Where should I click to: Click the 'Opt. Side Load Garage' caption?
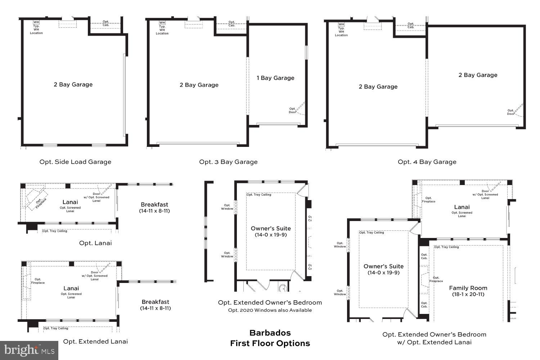[x=75, y=162]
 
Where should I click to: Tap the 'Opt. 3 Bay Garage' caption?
[x=228, y=162]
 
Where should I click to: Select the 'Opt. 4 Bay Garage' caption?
[x=427, y=162]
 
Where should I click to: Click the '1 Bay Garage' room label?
[x=275, y=78]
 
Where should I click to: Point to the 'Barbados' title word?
[x=270, y=333]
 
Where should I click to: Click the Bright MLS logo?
[x=29, y=350]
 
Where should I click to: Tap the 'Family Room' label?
[x=468, y=288]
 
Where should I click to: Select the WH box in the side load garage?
[x=36, y=22]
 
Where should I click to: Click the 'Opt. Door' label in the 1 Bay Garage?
[x=292, y=110]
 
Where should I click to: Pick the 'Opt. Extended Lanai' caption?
[x=95, y=342]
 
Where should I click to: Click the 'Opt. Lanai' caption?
[x=95, y=243]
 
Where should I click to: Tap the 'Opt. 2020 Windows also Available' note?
[x=270, y=310]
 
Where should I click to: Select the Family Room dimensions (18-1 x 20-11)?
[x=468, y=294]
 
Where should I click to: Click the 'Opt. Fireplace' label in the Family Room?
[x=436, y=279]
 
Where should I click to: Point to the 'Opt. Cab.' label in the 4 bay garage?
[x=411, y=26]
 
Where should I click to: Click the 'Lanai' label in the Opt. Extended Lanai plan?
[x=71, y=288]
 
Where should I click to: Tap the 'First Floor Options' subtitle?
[x=270, y=343]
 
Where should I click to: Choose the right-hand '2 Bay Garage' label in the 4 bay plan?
[x=478, y=75]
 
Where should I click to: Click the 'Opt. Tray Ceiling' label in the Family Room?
[x=447, y=247]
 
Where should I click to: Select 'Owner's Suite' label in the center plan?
[x=271, y=229]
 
